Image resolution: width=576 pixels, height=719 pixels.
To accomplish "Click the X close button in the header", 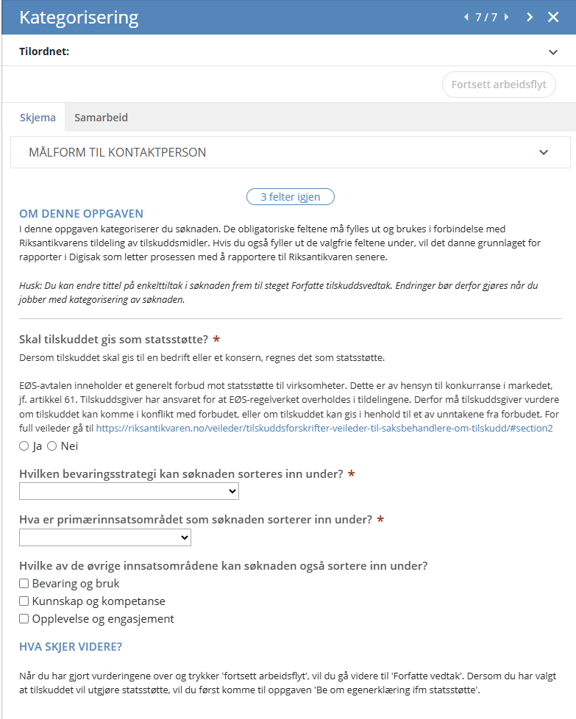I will pos(553,17).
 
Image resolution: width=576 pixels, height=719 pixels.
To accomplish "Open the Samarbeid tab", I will pos(101,118).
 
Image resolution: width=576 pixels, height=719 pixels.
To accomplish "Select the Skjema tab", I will pos(38,118).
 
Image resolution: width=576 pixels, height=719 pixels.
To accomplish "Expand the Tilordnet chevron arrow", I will pos(553,52).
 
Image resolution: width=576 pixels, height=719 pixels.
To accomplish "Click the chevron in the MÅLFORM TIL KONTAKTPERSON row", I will pos(544,153).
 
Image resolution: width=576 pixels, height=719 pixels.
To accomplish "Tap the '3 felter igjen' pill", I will pos(290,196).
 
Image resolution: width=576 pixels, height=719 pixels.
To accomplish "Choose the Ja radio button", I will pos(24,446).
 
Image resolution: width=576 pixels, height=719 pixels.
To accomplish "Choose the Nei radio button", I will pos(51,446).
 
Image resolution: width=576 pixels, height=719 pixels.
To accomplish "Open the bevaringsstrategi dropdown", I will pos(129,491).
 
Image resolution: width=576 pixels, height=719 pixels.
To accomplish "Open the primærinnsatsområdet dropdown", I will pos(105,538).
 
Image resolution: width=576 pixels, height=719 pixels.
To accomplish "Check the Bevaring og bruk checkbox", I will pos(24,584).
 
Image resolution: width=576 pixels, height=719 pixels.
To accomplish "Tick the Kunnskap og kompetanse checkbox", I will pos(24,601).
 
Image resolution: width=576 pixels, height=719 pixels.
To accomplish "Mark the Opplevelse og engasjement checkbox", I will pos(24,619).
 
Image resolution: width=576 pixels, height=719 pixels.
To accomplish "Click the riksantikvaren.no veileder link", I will pos(324,428).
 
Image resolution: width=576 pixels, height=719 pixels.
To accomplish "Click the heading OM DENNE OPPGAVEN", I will pos(81,214).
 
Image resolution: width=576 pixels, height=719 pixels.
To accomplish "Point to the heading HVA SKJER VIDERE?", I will pos(71,647).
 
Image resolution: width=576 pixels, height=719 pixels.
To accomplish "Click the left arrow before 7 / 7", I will pos(466,17).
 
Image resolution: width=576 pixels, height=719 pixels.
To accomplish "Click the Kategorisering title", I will pos(79,17).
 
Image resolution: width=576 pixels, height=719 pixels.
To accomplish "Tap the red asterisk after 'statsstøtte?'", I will pos(216,339).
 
